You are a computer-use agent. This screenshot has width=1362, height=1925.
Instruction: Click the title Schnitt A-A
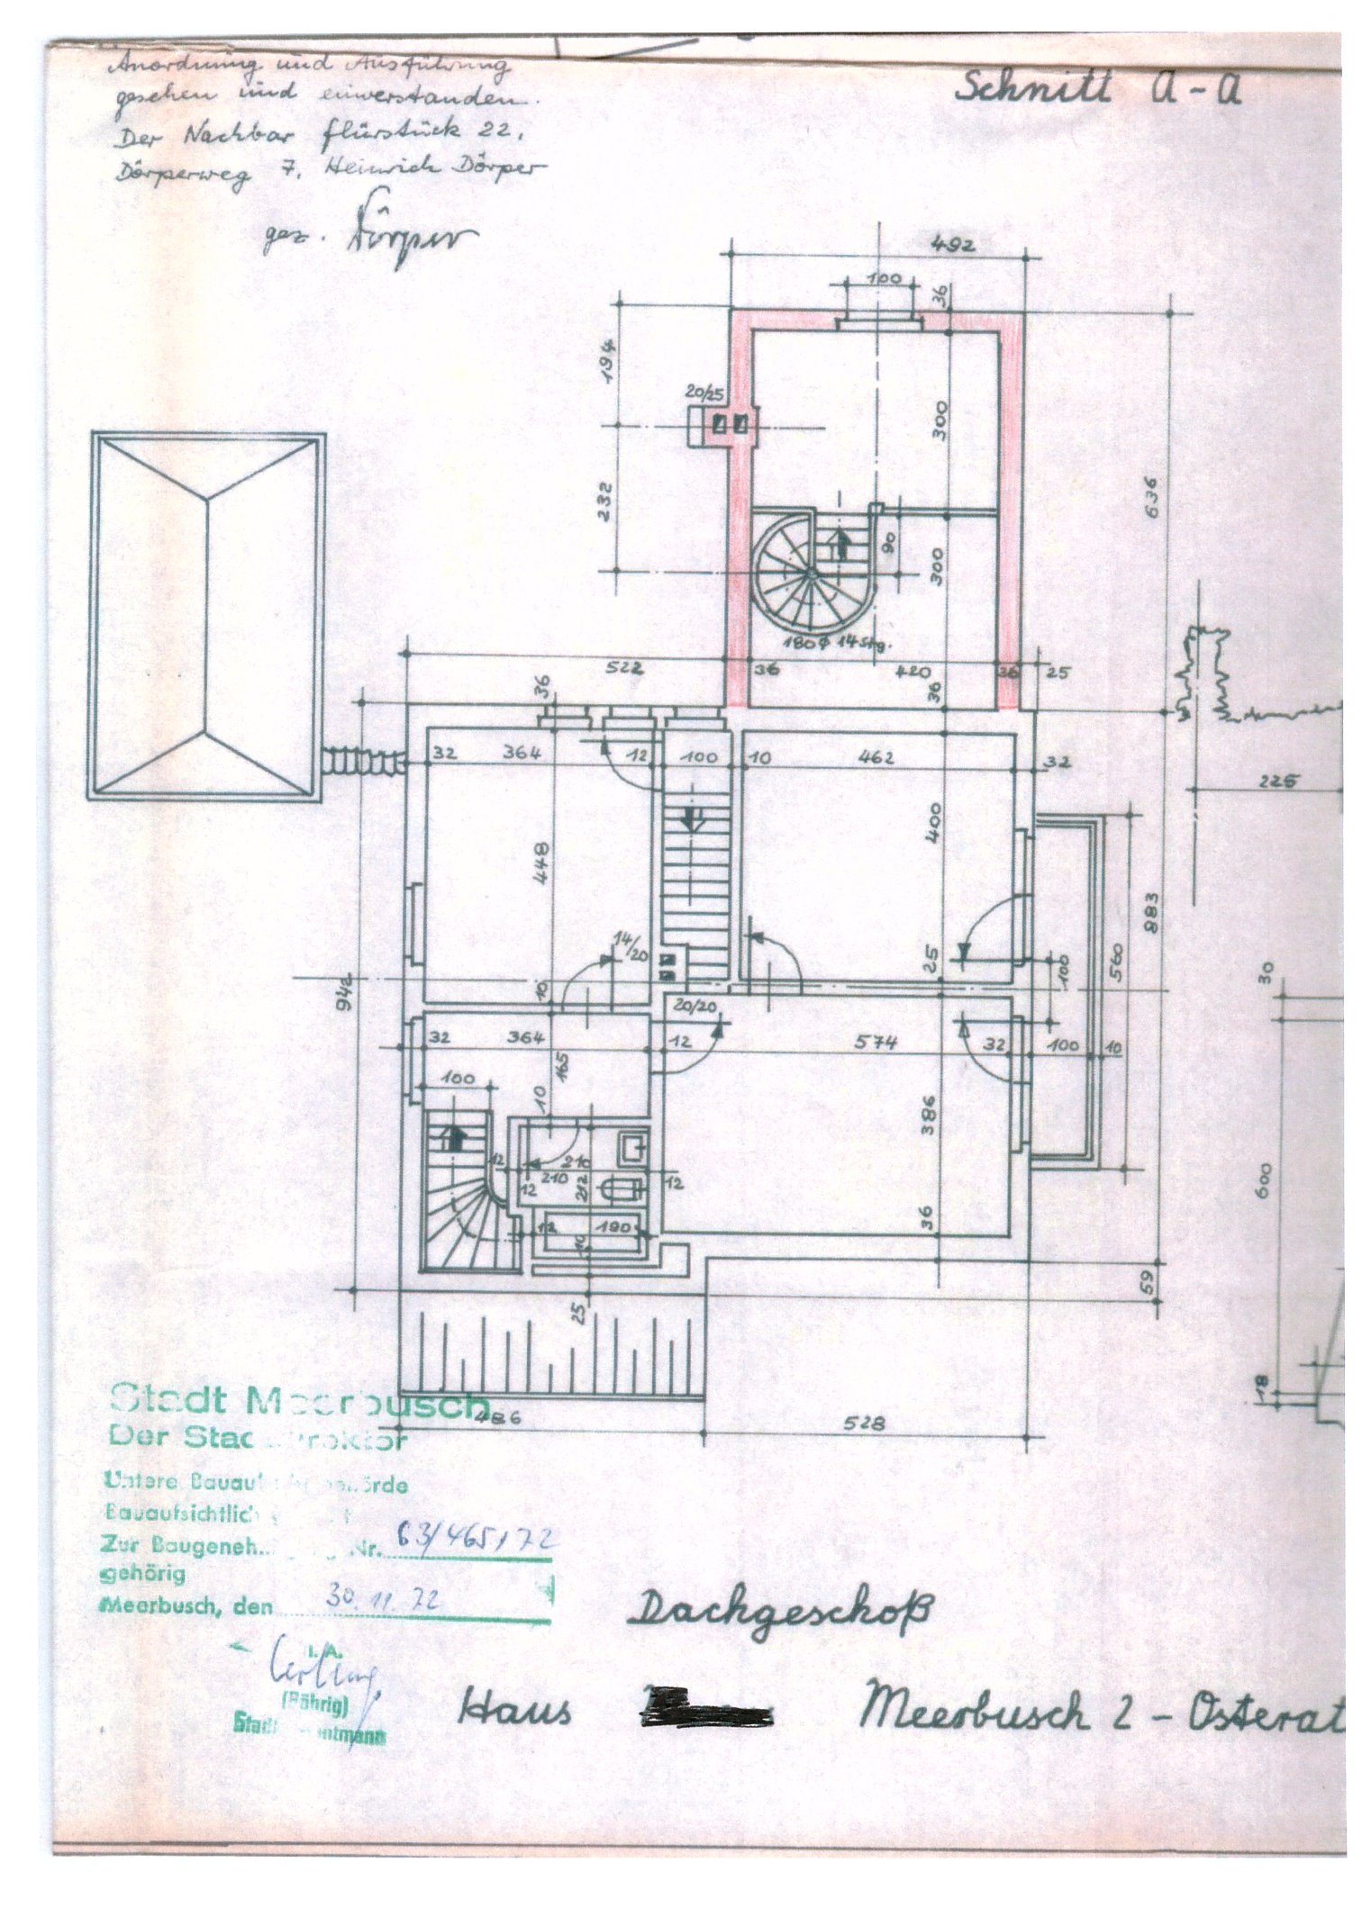click(1098, 89)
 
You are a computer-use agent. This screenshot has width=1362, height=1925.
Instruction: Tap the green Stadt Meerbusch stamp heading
click(297, 1402)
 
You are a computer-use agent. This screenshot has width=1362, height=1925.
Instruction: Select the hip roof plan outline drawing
click(207, 617)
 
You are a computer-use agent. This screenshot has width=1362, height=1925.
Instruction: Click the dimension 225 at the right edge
click(1276, 782)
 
